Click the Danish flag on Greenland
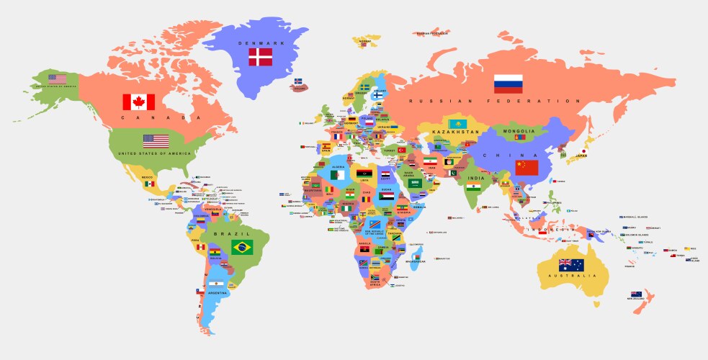pos(260,57)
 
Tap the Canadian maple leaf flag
pos(138,102)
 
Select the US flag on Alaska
pos(58,78)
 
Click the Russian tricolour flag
pos(508,84)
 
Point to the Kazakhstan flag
pos(455,124)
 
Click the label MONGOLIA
pos(519,131)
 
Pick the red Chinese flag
pos(526,168)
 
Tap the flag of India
pos(472,187)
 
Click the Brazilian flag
pos(242,248)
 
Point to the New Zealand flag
pos(636,294)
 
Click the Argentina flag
pos(217,285)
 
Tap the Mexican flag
pos(149,184)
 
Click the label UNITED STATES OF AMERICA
pos(155,153)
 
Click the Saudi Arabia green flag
pos(414,183)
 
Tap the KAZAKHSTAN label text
pos(455,132)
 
